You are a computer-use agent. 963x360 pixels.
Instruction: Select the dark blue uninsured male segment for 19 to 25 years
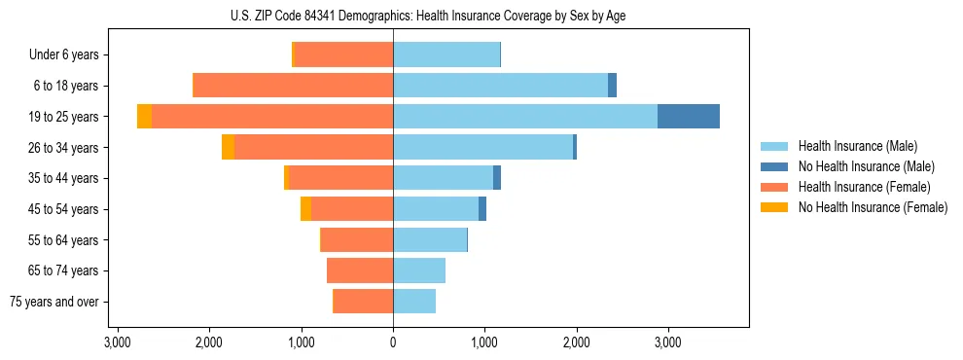[689, 116]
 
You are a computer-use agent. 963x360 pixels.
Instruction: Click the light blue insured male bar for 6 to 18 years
[500, 86]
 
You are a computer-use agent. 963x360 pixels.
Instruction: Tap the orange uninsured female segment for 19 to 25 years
[144, 116]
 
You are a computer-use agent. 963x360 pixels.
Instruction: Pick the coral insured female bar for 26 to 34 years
[313, 147]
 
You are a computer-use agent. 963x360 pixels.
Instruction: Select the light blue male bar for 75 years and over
[414, 302]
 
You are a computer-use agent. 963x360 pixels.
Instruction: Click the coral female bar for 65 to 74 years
[360, 270]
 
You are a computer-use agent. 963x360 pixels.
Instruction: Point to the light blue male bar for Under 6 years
[446, 54]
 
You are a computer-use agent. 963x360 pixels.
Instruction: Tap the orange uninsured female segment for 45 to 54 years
[305, 209]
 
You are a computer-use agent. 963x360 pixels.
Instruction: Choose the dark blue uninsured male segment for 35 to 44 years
[497, 178]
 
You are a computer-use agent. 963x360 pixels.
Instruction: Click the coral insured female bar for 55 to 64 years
[357, 239]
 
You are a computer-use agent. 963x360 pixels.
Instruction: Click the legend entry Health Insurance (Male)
[857, 146]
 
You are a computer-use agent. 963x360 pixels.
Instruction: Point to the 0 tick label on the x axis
[393, 342]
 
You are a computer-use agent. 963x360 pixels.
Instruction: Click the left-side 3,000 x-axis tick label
[118, 342]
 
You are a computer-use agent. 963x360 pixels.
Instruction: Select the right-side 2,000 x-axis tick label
[576, 342]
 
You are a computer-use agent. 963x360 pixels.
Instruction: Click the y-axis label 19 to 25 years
[65, 117]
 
